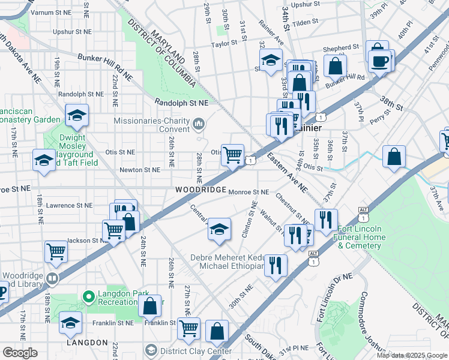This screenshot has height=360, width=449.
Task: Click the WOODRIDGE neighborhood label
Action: coord(200,189)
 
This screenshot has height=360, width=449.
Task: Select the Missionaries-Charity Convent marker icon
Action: coord(199,124)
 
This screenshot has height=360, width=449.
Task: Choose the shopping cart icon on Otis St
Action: coord(232,154)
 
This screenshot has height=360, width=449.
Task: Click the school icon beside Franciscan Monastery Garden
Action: coord(77,115)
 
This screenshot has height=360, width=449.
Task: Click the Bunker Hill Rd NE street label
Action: coord(105,65)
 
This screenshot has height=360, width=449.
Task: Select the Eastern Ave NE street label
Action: coord(288,173)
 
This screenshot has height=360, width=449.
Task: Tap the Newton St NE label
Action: coord(139,170)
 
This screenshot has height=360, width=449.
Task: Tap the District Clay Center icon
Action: coord(151,350)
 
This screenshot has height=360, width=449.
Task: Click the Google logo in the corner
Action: coord(20,353)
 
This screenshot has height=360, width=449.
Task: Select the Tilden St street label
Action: coord(305,22)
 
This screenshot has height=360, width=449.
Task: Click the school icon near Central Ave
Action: coord(219,229)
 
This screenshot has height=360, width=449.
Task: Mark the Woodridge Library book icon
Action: coord(53,278)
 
